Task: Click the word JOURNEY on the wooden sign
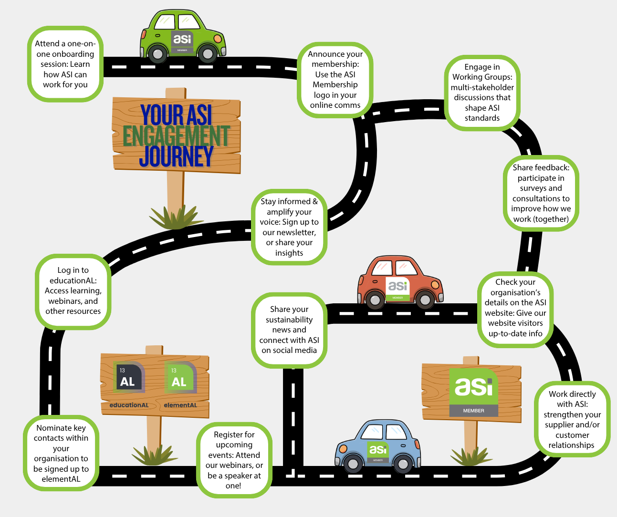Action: (176, 157)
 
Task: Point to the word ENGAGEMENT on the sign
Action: (176, 136)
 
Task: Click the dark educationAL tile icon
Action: (128, 377)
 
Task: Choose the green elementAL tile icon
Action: (179, 377)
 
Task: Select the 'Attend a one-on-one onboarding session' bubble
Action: (65, 64)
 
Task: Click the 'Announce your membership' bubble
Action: (335, 80)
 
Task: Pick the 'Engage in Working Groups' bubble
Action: (482, 93)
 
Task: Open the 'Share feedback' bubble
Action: (541, 193)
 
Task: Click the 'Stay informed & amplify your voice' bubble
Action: (289, 227)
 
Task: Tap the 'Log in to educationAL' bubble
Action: (73, 291)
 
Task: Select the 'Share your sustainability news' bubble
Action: (289, 330)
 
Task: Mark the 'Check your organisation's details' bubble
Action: (515, 308)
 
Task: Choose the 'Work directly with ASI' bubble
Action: (572, 419)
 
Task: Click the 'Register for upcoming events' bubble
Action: (234, 460)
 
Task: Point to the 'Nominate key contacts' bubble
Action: (61, 453)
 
